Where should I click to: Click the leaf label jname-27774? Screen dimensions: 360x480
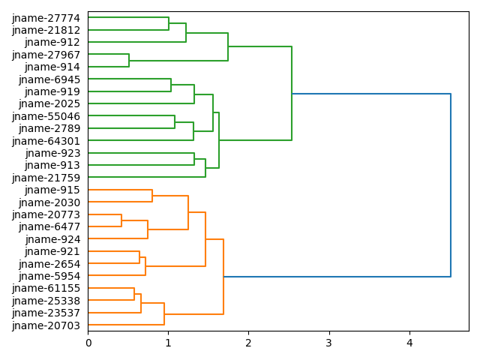(x=46, y=18)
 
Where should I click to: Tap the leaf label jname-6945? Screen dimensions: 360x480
(x=49, y=79)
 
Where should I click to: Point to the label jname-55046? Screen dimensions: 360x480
(x=46, y=116)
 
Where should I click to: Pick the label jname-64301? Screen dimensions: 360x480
(x=46, y=141)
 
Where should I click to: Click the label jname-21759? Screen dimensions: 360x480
(x=46, y=178)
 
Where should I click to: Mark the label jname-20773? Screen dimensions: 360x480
(x=46, y=214)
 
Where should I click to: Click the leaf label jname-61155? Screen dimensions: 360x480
(x=46, y=288)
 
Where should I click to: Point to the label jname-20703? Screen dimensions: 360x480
(x=46, y=325)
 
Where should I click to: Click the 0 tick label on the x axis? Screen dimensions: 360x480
(x=88, y=343)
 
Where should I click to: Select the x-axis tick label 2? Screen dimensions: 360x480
(x=248, y=343)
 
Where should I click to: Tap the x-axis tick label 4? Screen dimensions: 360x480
(x=409, y=343)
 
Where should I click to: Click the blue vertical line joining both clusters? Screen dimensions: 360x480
(x=451, y=185)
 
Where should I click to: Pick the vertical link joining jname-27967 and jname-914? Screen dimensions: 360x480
(x=129, y=61)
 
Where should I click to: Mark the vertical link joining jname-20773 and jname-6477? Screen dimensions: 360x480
(x=121, y=220)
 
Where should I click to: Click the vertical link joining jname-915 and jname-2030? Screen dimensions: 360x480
(x=152, y=196)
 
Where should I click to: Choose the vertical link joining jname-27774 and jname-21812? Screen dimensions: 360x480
(x=169, y=24)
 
